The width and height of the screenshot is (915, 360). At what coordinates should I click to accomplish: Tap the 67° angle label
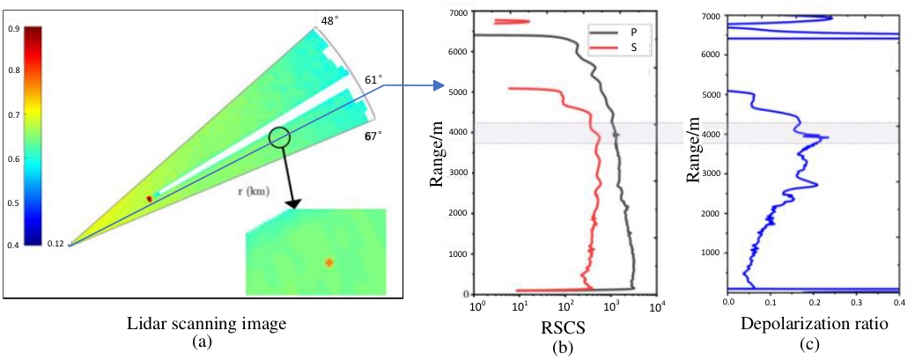373,136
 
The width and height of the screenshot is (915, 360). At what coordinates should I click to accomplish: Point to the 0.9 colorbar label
14,29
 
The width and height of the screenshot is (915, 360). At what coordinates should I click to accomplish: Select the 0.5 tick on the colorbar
14,202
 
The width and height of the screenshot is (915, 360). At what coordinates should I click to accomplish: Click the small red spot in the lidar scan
149,200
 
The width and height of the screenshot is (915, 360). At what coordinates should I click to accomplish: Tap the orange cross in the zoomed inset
328,261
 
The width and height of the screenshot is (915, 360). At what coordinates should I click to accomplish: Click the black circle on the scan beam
279,136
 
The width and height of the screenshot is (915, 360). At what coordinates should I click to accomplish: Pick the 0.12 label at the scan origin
56,243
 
